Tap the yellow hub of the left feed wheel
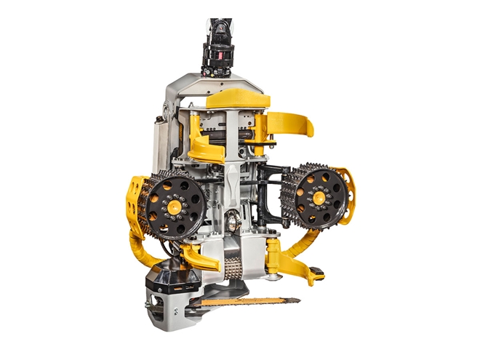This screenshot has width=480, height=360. [x=175, y=207]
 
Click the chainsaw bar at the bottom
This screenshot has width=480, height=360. [x=247, y=300]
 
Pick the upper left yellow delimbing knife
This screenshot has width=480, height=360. [x=204, y=149]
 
